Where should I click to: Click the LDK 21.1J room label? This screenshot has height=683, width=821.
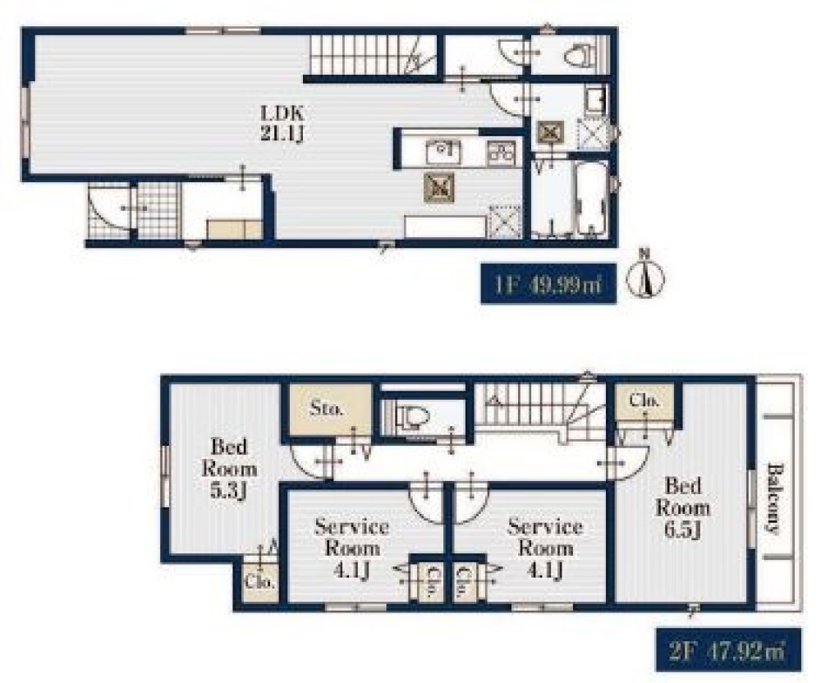[282, 123]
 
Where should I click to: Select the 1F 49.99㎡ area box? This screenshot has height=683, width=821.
[548, 284]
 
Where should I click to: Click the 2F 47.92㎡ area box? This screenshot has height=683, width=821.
[728, 649]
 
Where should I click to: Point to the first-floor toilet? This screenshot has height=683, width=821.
[580, 54]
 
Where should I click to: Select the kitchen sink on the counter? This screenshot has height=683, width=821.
[443, 152]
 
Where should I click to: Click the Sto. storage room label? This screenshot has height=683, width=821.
[326, 408]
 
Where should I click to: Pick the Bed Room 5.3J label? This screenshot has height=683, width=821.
[229, 469]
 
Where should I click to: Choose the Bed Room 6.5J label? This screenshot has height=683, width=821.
[683, 507]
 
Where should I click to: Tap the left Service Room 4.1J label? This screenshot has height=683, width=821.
[352, 548]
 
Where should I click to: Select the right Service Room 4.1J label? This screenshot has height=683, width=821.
[545, 548]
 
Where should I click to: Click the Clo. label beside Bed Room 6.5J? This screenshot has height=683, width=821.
[644, 401]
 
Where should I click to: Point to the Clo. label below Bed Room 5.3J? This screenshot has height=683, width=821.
[260, 582]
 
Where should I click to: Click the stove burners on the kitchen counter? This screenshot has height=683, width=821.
[502, 153]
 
